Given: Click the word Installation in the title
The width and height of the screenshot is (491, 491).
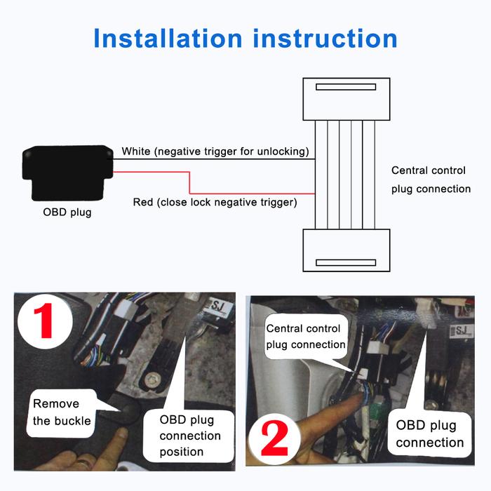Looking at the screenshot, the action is pos(168,38).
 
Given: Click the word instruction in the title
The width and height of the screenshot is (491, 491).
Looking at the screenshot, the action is pos(325,38).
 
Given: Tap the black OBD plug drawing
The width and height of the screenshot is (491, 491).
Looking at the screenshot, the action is pos(67,173).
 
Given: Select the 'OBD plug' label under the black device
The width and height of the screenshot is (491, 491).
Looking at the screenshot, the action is pos(67,213).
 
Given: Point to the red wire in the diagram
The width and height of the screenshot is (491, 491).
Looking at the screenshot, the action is pos(190,183).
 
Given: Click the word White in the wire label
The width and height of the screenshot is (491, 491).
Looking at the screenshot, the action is pos(136,152).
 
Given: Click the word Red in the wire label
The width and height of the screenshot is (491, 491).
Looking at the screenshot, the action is pos(143,202).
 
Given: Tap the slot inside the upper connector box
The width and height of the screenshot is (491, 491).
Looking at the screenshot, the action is pos(346,87).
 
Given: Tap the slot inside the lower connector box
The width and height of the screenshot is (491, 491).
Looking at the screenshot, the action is pos(346,262).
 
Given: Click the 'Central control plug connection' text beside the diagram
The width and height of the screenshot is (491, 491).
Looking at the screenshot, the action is pos(431,180).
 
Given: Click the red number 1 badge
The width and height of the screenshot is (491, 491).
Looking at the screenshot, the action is pos(45,321).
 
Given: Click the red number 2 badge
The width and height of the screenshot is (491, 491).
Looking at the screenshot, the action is pos(274,438).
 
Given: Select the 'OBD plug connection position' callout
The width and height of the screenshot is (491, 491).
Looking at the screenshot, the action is pos(189,436).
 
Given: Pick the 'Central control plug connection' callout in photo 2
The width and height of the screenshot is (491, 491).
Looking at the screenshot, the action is pos(306,336).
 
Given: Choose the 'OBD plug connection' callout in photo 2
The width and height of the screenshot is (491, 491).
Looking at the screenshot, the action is pos(429,434).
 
